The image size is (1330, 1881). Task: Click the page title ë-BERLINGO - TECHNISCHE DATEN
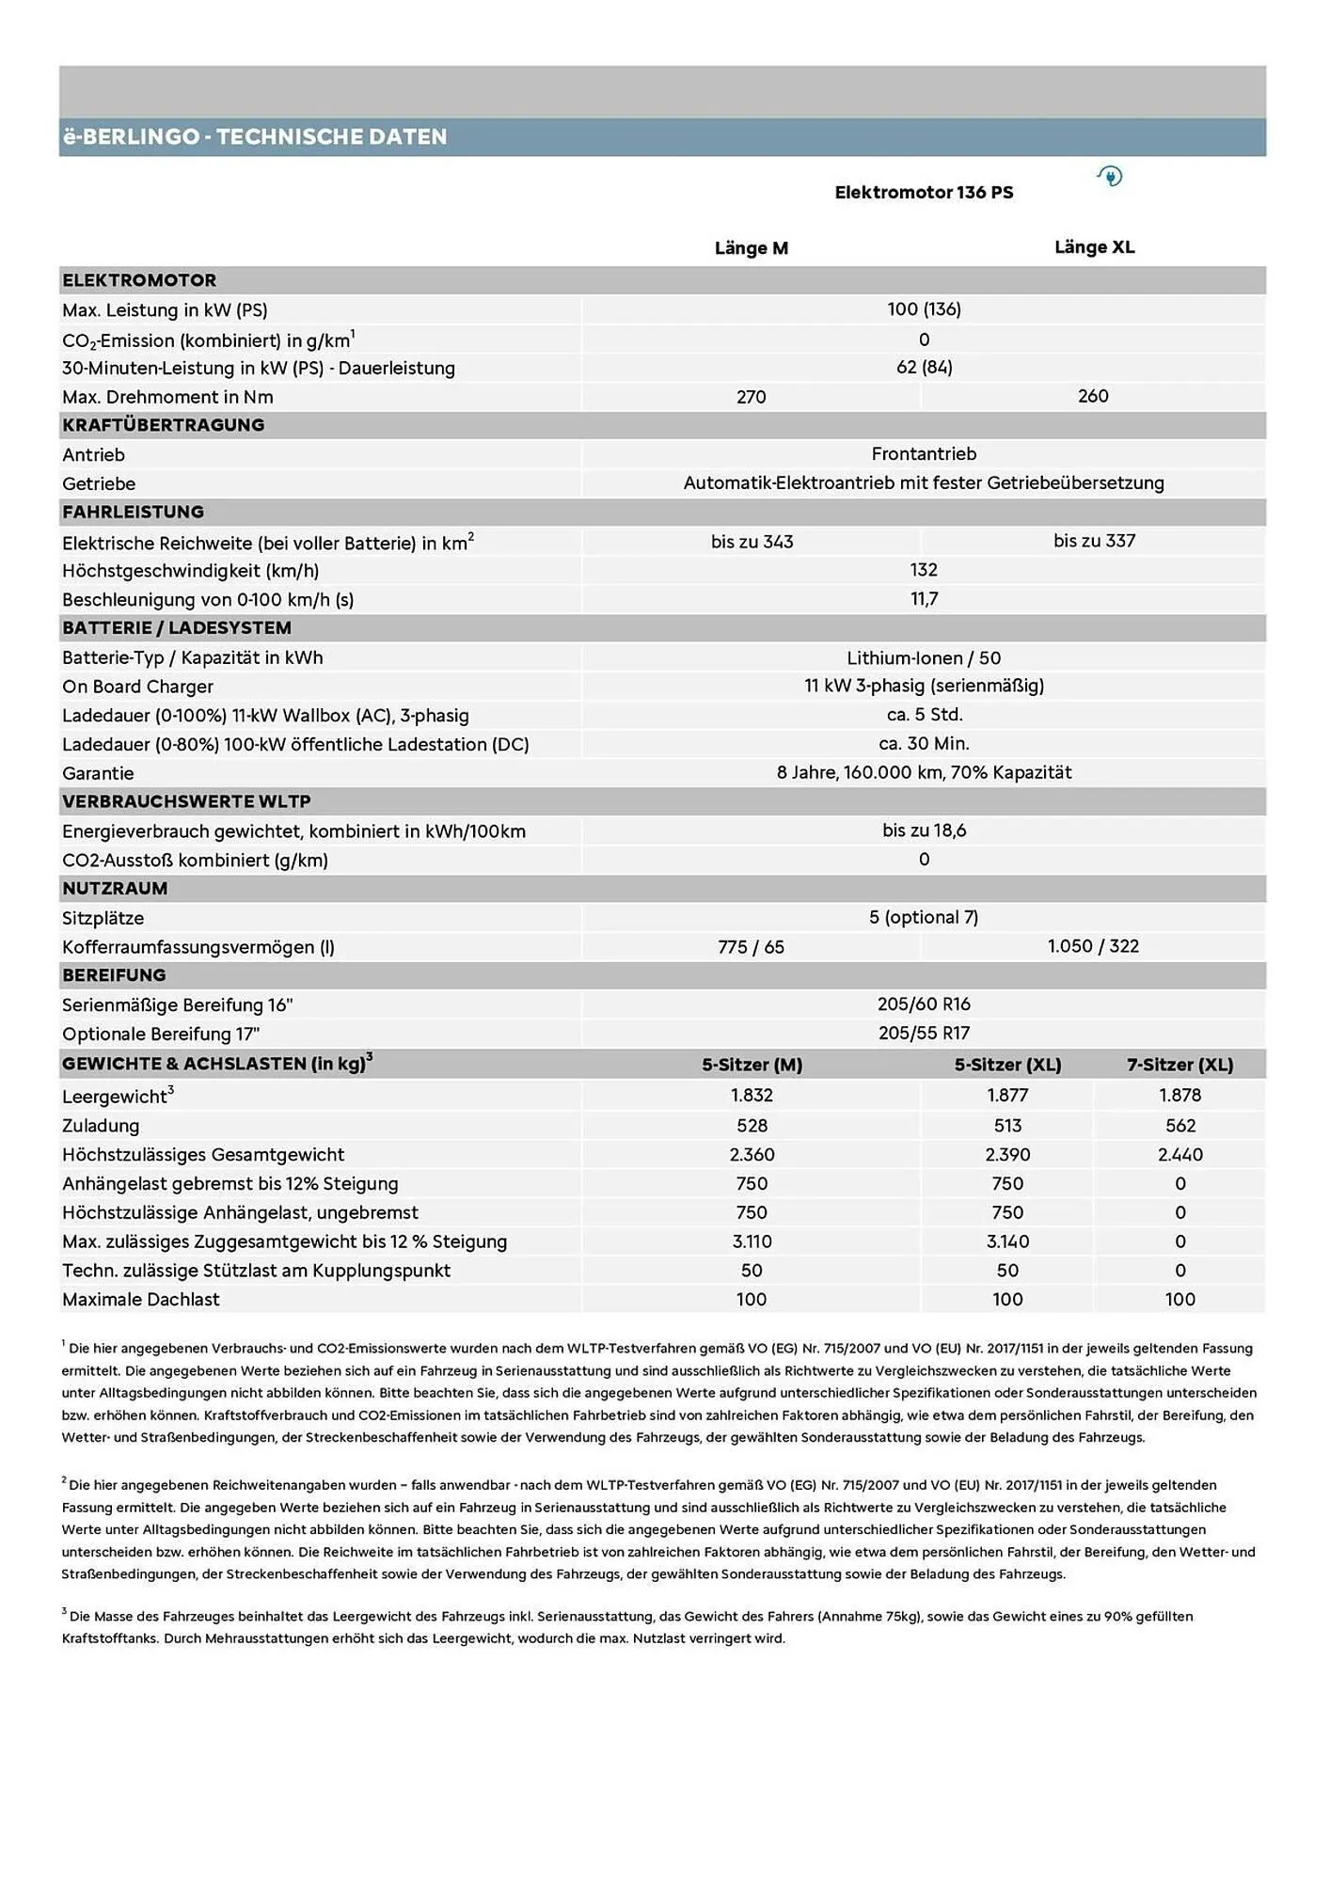[x=254, y=137]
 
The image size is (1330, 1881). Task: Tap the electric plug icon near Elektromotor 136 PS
[x=1110, y=176]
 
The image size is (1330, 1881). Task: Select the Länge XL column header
[x=1094, y=247]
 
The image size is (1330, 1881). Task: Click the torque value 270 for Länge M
[x=751, y=397]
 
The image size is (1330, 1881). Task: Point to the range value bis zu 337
[x=1094, y=541]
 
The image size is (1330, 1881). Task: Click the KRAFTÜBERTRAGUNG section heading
[x=163, y=425]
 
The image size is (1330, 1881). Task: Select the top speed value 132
[x=924, y=570]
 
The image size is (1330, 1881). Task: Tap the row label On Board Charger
[x=137, y=687]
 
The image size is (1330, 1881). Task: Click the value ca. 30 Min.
[x=924, y=744]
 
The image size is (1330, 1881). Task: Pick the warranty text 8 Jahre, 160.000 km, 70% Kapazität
[x=924, y=772]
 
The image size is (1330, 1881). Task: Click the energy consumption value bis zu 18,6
[x=924, y=830]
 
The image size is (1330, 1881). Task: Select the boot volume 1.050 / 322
[x=1093, y=946]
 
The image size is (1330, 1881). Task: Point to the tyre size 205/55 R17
[x=924, y=1033]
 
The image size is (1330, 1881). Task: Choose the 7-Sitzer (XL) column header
[x=1180, y=1065]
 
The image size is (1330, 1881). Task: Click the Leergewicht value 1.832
[x=752, y=1095]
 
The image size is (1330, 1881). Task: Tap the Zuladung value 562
[x=1180, y=1126]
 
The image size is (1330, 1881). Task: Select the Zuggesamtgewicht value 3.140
[x=1007, y=1241]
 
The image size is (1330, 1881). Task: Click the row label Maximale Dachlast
[x=140, y=1299]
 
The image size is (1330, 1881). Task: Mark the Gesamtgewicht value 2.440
[x=1180, y=1155]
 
